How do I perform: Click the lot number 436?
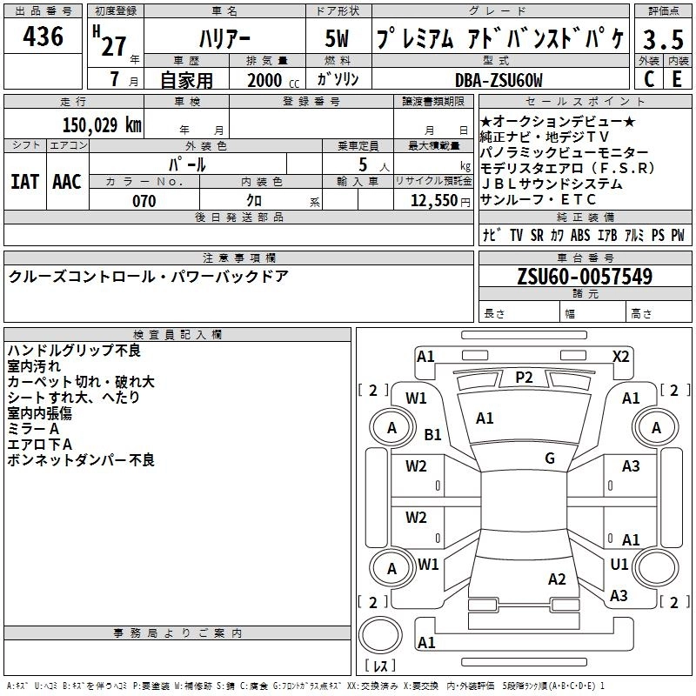click(43, 37)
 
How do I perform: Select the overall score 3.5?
click(662, 40)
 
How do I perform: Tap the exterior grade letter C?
click(648, 79)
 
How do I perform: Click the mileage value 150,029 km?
click(102, 124)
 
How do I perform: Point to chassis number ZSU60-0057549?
click(585, 277)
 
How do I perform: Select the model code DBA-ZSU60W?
click(499, 80)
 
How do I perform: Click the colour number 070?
click(144, 201)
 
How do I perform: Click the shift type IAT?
click(24, 181)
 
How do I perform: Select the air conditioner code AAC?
click(67, 181)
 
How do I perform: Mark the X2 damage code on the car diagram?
click(620, 356)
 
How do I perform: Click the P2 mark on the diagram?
click(523, 377)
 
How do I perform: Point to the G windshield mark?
click(550, 458)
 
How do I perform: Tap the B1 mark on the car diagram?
click(432, 434)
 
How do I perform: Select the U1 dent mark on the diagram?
click(619, 564)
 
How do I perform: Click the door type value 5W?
click(339, 40)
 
